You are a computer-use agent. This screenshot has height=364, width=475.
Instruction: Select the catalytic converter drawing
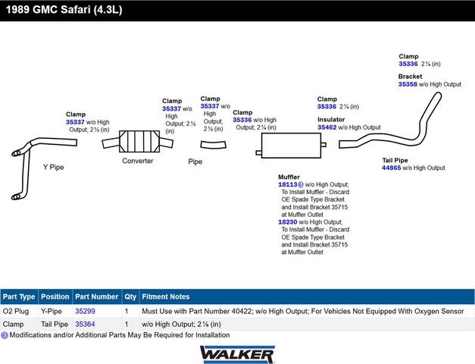tap(138, 141)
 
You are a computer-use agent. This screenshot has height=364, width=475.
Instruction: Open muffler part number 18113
tap(287, 184)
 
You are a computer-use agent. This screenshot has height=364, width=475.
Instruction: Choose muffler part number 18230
tap(287, 222)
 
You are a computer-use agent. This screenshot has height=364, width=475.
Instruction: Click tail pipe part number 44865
tap(391, 168)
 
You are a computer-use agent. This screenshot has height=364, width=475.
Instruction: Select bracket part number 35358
tap(408, 84)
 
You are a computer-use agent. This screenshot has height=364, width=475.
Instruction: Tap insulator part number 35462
tap(327, 127)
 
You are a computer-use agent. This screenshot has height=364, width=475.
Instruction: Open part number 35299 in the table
tap(85, 311)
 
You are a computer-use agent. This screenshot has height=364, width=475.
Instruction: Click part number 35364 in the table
tap(85, 325)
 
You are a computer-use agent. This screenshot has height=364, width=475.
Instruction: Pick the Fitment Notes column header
tap(166, 297)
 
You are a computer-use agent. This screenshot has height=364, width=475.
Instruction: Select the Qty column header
tap(130, 297)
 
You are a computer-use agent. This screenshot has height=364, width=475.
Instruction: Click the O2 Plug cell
tap(16, 311)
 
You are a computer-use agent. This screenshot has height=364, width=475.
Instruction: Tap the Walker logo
tap(237, 354)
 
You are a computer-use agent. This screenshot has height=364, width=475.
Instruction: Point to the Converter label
tap(138, 161)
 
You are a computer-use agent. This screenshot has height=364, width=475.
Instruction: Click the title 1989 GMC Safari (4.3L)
tap(64, 10)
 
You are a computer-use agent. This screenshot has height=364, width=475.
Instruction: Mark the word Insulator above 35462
tap(331, 120)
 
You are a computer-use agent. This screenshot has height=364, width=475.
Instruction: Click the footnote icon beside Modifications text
tap(5, 335)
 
